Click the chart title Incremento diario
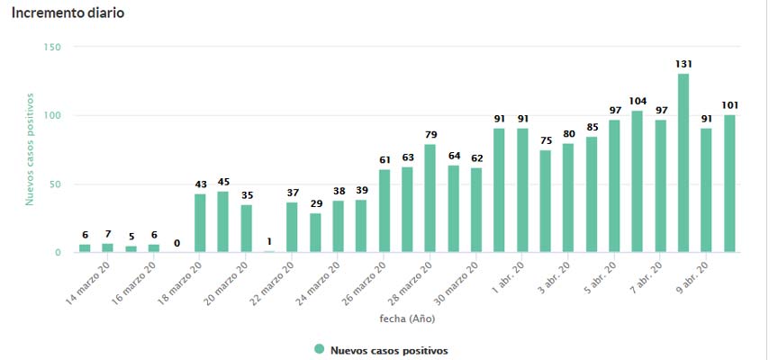(68, 13)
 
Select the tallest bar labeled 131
(683, 163)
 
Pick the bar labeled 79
(430, 198)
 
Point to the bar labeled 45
(223, 221)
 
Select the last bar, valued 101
(729, 184)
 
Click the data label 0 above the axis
(177, 242)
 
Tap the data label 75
(545, 139)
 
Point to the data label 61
(384, 159)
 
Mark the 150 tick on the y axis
(51, 47)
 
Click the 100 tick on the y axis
(51, 116)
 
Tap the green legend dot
(319, 349)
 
